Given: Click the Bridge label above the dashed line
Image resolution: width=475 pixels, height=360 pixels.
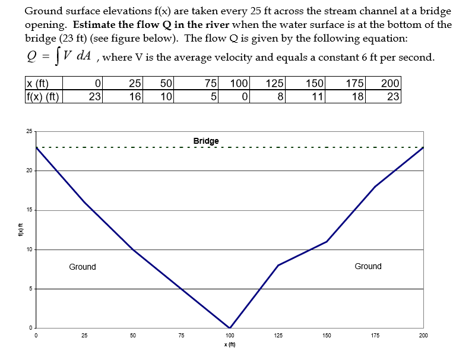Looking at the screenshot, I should pyautogui.click(x=206, y=141).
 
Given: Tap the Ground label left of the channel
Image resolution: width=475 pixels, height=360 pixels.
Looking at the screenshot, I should pyautogui.click(x=82, y=267).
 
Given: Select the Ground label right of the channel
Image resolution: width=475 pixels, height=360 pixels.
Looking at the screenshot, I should pyautogui.click(x=368, y=266).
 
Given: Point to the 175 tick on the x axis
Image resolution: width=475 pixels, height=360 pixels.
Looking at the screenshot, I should pyautogui.click(x=375, y=336).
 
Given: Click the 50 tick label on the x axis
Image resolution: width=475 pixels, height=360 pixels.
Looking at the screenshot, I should pyautogui.click(x=133, y=336).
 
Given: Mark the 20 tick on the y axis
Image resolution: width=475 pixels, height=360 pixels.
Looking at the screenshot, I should pyautogui.click(x=29, y=171).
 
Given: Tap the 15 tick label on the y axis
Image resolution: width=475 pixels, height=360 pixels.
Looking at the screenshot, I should pyautogui.click(x=29, y=210).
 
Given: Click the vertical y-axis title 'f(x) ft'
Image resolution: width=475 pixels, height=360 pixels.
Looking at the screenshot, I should pyautogui.click(x=20, y=229).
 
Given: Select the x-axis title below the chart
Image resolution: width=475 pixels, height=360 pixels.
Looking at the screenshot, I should pyautogui.click(x=229, y=345).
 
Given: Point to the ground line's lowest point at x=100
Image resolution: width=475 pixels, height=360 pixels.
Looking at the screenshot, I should pyautogui.click(x=230, y=328).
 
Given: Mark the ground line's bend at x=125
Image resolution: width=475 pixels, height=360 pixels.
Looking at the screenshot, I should pyautogui.click(x=278, y=265).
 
